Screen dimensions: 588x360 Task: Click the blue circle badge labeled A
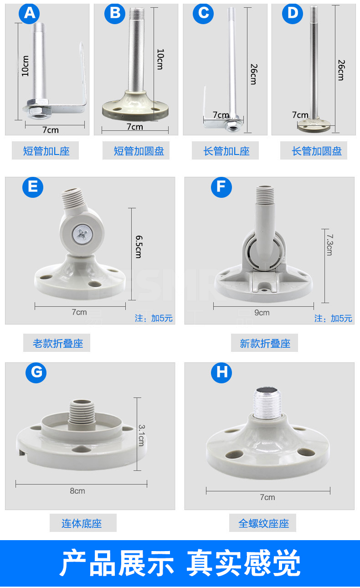coord(29,14)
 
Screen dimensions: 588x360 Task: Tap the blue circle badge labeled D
coord(293,14)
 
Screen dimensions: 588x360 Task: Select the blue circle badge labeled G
coord(36,373)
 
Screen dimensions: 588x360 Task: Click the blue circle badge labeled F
coord(221,187)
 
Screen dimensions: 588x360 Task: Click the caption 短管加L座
coord(46,151)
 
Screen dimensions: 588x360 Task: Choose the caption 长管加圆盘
coord(316,151)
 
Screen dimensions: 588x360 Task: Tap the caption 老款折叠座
coord(57,343)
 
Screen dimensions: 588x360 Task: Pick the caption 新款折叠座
coord(265,343)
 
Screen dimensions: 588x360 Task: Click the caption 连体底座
coord(82,523)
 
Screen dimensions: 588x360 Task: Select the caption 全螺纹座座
coord(263,523)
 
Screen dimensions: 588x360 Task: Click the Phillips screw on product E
coord(82,235)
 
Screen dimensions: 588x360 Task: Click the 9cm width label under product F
coord(262,312)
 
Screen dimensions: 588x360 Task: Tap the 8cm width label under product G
coord(77,491)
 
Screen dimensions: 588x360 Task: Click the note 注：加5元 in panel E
coord(154,318)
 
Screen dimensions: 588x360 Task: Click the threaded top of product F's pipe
coord(266,195)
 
